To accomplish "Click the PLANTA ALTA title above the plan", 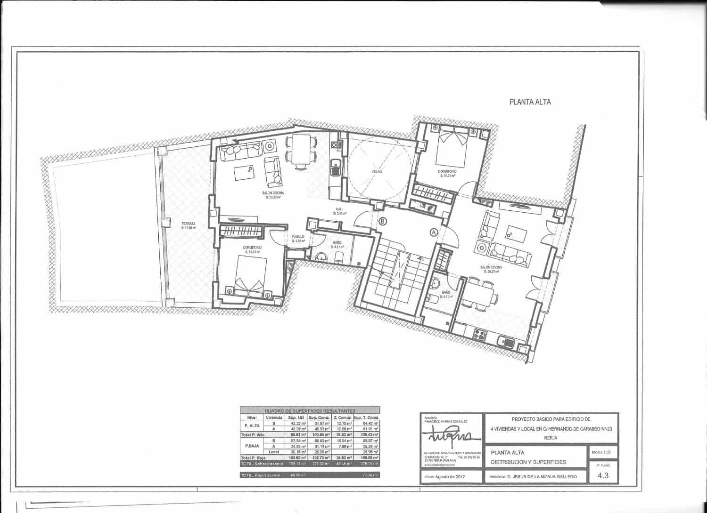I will point(530,102).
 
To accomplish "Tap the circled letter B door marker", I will point(382,220).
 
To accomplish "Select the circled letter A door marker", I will point(434,232).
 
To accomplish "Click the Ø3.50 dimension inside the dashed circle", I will point(377,172).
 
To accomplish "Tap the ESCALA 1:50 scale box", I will point(603,452).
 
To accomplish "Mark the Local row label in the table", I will point(274,451).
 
